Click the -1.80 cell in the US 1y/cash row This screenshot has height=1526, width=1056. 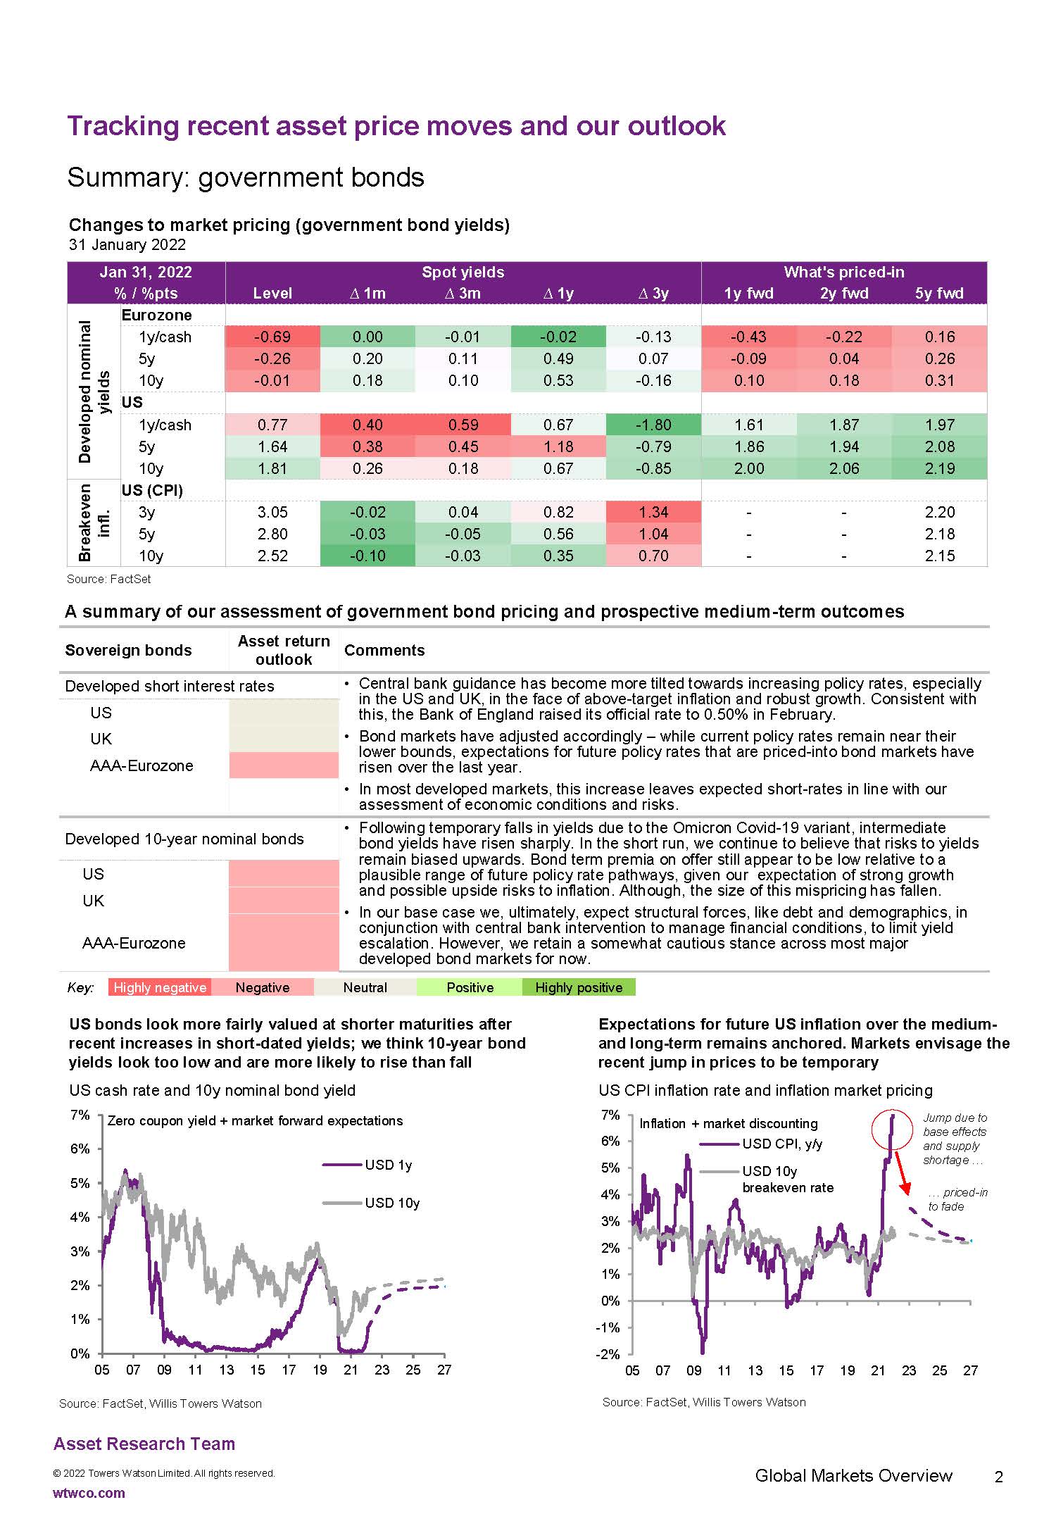coord(653,425)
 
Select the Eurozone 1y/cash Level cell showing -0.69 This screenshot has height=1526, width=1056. coord(272,337)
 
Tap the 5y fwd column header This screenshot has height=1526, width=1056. coord(939,293)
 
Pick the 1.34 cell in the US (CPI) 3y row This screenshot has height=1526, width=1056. coord(653,512)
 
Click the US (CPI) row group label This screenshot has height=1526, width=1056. coord(152,490)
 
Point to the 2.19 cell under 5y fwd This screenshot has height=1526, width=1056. coord(939,468)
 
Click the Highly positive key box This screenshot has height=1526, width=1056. coord(579,987)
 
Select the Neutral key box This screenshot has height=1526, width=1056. coord(365,987)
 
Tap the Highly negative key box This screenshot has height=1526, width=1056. coord(160,987)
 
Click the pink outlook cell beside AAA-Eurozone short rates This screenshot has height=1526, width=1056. coord(284,765)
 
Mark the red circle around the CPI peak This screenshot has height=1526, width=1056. coord(892,1131)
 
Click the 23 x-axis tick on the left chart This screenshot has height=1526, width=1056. coord(382,1370)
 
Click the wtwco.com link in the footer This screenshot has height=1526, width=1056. coord(89,1493)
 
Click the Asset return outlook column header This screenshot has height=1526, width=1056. coord(284,650)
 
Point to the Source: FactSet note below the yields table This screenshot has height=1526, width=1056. coord(109,580)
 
